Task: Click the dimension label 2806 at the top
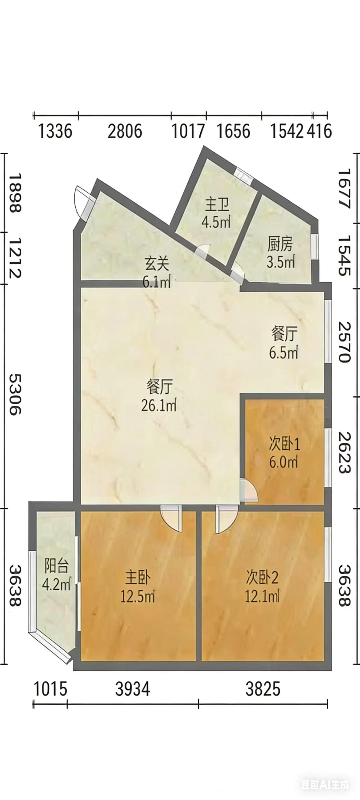click(125, 131)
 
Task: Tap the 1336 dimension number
click(55, 131)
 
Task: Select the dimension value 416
click(319, 131)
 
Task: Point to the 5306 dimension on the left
click(15, 394)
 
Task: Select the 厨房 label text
click(280, 245)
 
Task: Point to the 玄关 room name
click(157, 264)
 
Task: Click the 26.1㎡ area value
click(159, 405)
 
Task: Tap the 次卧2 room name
click(262, 577)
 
